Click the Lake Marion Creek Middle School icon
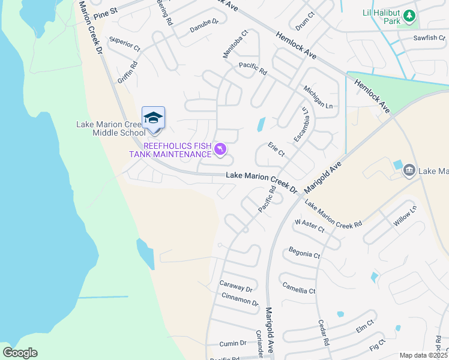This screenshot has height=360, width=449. pyautogui.click(x=153, y=118)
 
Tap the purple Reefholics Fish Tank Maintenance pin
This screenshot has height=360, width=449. pyautogui.click(x=220, y=149)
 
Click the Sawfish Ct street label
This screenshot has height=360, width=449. pyautogui.click(x=429, y=38)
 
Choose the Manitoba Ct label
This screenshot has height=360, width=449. pyautogui.click(x=235, y=45)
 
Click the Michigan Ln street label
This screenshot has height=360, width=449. pyautogui.click(x=318, y=96)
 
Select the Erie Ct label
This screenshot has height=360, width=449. pyautogui.click(x=276, y=150)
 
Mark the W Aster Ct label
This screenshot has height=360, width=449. pyautogui.click(x=309, y=226)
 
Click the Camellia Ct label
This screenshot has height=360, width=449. pyautogui.click(x=298, y=287)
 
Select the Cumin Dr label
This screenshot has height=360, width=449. pyautogui.click(x=234, y=343)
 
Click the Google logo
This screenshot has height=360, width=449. pyautogui.click(x=20, y=352)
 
